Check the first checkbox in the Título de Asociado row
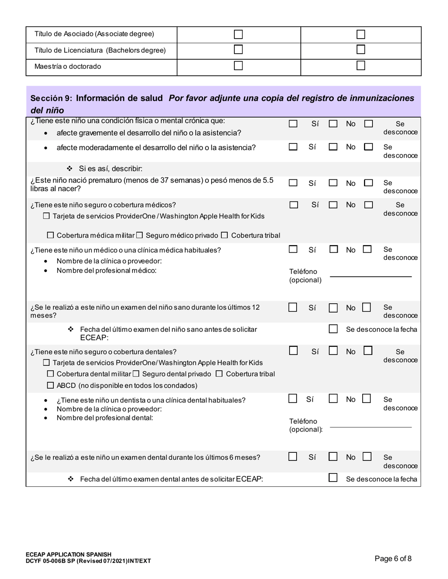tap(239, 34)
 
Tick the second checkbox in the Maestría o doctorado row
tap(361, 66)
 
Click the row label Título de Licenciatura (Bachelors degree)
tap(100, 50)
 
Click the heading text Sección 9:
tap(51, 98)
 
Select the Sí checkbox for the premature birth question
tap(293, 183)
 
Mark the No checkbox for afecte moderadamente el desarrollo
tap(333, 147)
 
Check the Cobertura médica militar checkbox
tap(51, 235)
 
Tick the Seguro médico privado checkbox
tap(140, 235)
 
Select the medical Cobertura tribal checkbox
tap(224, 235)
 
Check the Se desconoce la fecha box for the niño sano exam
tap(333, 329)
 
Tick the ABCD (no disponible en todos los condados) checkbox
tap(51, 386)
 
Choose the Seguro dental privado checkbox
tap(135, 374)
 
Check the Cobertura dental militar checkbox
tap(51, 374)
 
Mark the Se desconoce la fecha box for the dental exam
tap(333, 478)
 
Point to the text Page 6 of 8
tap(393, 559)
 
